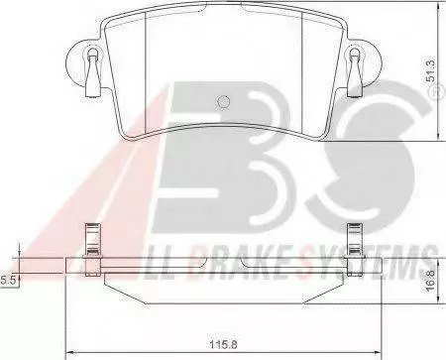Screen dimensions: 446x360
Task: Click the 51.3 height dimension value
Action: (431, 71)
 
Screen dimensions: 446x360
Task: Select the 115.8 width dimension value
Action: (224, 344)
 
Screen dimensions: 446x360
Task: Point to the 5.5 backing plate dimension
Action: (8, 281)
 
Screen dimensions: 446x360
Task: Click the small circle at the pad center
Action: (223, 101)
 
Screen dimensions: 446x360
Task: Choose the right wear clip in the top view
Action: (355, 72)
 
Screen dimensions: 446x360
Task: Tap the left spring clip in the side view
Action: (93, 249)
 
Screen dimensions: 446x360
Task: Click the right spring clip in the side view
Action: (355, 249)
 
